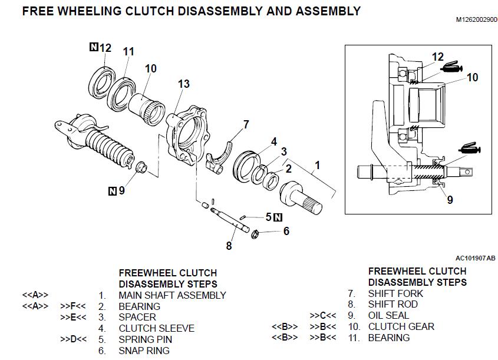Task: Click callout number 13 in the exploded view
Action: pos(183,84)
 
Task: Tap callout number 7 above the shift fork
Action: pos(246,124)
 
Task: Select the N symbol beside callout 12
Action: pos(94,47)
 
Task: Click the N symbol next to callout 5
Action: pos(278,217)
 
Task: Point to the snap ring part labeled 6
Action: pos(254,235)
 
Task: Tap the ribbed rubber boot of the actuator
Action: pos(110,147)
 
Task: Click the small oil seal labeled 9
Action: pos(141,167)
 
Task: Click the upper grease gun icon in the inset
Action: pos(451,68)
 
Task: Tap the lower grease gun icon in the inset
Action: pos(469,148)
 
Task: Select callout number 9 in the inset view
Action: pos(450,200)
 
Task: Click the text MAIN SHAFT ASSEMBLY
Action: pos(173,296)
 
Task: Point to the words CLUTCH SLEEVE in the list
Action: pos(157,328)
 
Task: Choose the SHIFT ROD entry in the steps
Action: pos(393,305)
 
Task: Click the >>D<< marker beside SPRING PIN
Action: pos(73,339)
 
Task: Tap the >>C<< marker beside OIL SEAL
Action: pos(323,316)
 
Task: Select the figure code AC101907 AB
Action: pos(476,258)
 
